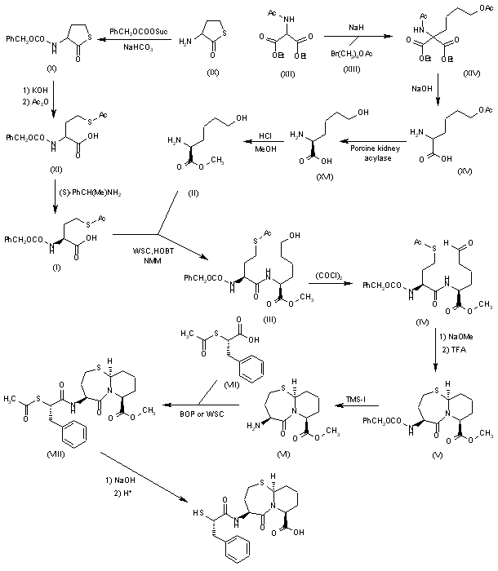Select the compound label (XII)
[282, 74]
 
